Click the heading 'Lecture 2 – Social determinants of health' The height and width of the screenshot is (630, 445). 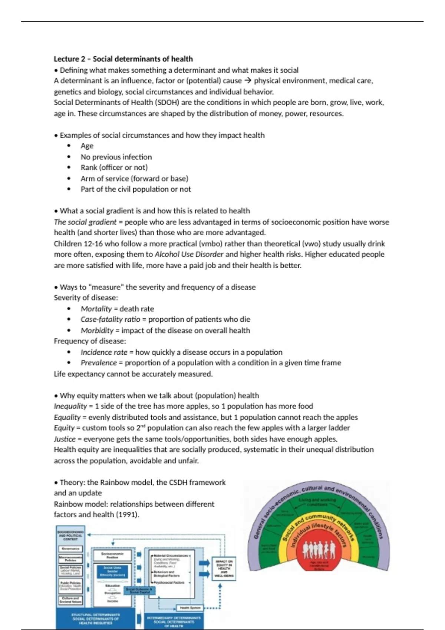click(123, 59)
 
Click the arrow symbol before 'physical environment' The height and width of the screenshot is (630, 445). click(248, 81)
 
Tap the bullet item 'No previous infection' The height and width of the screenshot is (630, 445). click(116, 157)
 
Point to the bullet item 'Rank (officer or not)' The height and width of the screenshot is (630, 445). click(114, 168)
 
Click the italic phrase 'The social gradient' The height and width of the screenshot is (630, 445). click(85, 222)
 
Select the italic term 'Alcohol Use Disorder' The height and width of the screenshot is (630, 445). click(189, 255)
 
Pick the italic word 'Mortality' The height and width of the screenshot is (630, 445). click(96, 309)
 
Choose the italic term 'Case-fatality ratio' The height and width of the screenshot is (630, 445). click(110, 319)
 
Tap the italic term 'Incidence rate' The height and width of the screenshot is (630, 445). click(104, 352)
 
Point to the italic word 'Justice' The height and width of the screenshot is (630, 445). click(65, 439)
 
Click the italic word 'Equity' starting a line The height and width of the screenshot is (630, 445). click(64, 428)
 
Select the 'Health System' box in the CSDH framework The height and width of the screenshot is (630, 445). click(190, 608)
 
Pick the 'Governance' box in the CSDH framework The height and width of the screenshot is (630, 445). click(70, 548)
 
